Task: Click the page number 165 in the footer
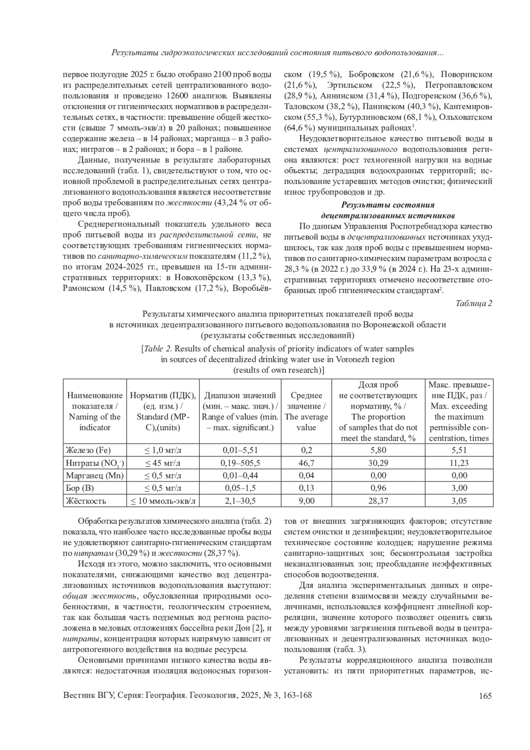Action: (x=485, y=696)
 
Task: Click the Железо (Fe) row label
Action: (x=88, y=450)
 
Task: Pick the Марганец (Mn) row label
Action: (x=95, y=476)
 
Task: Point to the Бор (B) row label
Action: (x=80, y=488)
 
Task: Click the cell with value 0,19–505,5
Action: (x=240, y=463)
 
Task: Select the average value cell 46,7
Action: (x=306, y=463)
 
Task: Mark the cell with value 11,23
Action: (x=459, y=463)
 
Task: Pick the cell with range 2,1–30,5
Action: (x=240, y=501)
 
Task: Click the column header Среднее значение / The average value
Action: (x=306, y=411)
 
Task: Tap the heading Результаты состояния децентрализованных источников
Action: (x=387, y=210)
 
